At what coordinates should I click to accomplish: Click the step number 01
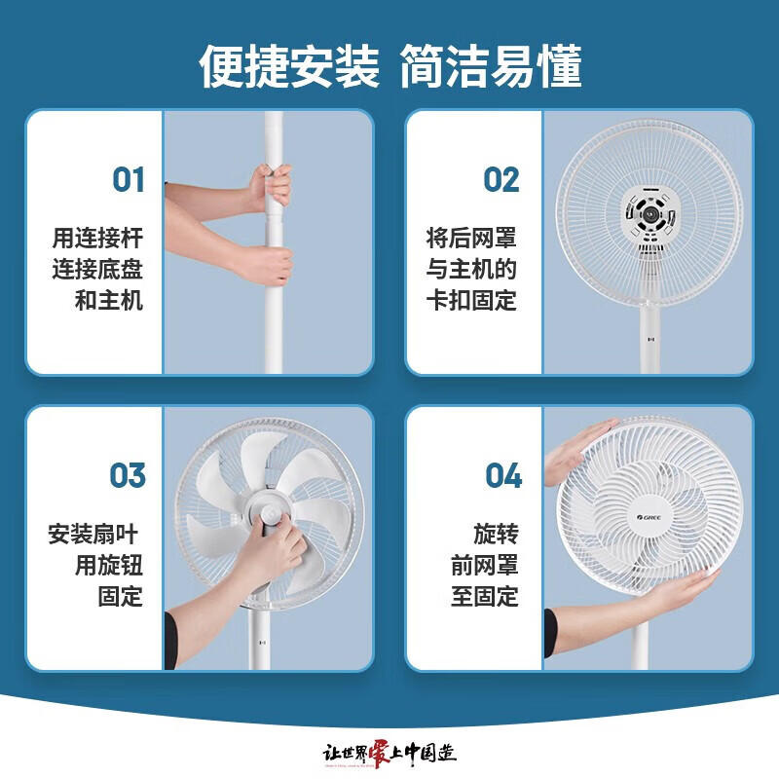tap(128, 180)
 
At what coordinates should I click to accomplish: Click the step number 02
tap(501, 180)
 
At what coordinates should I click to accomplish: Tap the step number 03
tap(128, 476)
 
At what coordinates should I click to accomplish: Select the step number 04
tap(503, 476)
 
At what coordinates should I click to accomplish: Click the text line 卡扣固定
tap(471, 300)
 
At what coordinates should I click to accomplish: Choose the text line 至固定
tap(484, 596)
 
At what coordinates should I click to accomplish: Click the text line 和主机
tap(109, 300)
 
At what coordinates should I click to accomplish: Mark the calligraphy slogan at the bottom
tap(389, 753)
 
